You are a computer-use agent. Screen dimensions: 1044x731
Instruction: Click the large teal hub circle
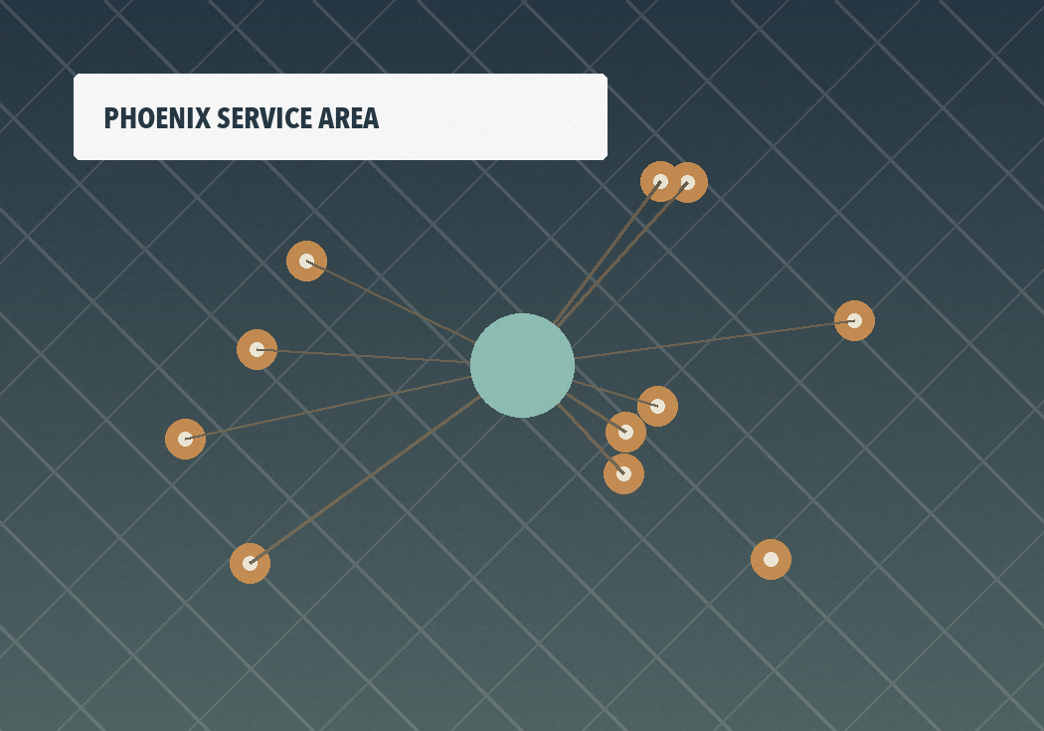[x=522, y=366]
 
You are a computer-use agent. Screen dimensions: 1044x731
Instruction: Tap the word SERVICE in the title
[x=264, y=118]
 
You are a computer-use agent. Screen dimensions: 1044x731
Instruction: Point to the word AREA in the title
[x=348, y=118]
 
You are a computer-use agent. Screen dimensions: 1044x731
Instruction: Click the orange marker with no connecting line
[x=771, y=559]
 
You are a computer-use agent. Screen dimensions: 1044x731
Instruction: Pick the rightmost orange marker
[x=854, y=321]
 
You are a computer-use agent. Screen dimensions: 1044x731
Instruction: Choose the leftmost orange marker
[x=185, y=439]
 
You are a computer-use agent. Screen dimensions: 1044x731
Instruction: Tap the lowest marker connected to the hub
[x=250, y=563]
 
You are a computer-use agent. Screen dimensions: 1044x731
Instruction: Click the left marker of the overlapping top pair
[x=660, y=182]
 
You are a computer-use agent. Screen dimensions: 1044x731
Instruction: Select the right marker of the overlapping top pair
[x=687, y=182]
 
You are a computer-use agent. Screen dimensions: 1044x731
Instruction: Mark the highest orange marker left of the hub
[x=306, y=261]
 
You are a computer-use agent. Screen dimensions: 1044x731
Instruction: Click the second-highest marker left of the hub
[x=257, y=349]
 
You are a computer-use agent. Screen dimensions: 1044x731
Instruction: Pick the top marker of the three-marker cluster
[x=658, y=406]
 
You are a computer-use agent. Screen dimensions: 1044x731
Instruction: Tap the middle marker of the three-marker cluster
[x=625, y=432]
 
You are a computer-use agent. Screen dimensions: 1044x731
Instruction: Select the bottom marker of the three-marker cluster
[x=623, y=474]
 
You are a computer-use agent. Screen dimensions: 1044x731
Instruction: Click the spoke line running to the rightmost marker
[x=714, y=339]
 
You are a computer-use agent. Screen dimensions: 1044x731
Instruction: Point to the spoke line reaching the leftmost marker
[x=327, y=408]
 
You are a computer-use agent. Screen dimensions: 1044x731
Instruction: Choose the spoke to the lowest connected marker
[x=365, y=480]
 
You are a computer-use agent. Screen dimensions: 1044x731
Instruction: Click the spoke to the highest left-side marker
[x=391, y=301]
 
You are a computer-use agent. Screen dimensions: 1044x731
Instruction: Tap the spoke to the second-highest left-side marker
[x=364, y=356]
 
